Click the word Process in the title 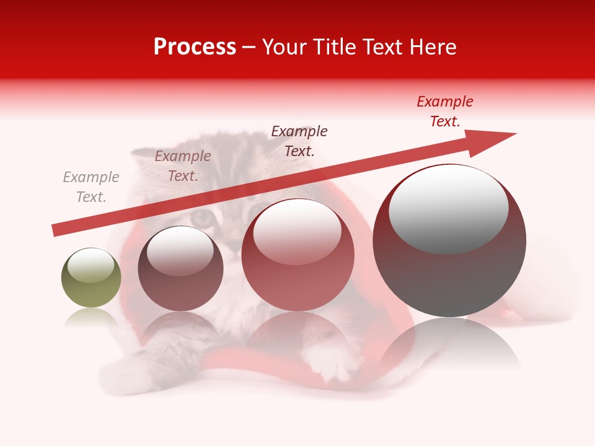[195, 47]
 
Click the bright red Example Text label [444, 111]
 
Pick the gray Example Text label [91, 187]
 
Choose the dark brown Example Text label [299, 141]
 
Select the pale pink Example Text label [183, 166]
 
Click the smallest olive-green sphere [91, 278]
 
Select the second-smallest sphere [180, 269]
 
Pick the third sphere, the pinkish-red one [297, 255]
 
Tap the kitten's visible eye [201, 217]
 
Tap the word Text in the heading [382, 47]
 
